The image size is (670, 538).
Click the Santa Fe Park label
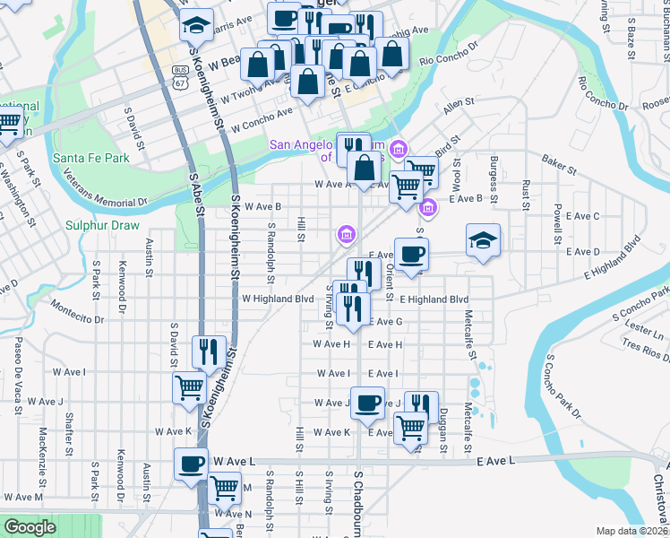coord(90,158)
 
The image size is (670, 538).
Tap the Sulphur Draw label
coord(102,225)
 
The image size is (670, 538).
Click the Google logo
coord(30,527)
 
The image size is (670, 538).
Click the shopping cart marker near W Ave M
coord(224,490)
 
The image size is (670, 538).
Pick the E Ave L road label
coord(497,460)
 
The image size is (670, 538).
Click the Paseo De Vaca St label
coord(16,374)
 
